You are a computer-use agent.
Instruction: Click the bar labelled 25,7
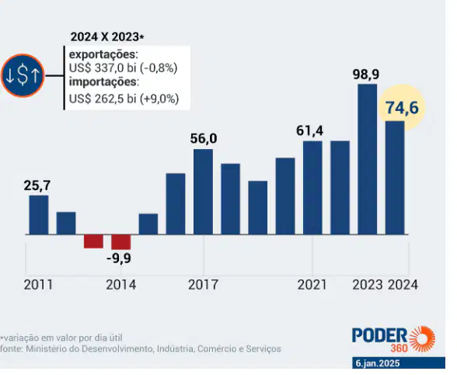click(x=39, y=214)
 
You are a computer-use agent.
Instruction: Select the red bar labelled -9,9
click(x=121, y=242)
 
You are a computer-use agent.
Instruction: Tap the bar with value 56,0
click(x=203, y=192)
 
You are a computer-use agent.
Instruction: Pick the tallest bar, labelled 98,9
click(x=367, y=159)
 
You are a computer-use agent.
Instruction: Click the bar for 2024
click(x=395, y=178)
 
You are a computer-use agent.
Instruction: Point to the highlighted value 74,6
click(x=403, y=108)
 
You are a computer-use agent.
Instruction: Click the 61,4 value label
click(x=309, y=130)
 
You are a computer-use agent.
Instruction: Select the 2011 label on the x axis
click(x=38, y=284)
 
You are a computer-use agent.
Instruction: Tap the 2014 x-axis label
click(x=120, y=284)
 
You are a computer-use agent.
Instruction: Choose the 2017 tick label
click(x=203, y=284)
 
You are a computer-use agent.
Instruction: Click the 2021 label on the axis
click(x=312, y=284)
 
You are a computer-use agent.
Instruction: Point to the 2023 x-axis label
click(x=367, y=284)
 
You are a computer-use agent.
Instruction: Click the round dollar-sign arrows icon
click(x=23, y=75)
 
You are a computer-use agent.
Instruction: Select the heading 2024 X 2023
click(x=107, y=37)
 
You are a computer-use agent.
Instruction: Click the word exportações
click(x=103, y=54)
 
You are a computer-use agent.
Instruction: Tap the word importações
click(x=103, y=82)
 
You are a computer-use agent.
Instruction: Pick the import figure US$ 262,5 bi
click(x=103, y=99)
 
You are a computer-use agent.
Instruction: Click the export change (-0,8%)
click(x=159, y=68)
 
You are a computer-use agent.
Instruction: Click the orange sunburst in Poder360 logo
click(x=422, y=339)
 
